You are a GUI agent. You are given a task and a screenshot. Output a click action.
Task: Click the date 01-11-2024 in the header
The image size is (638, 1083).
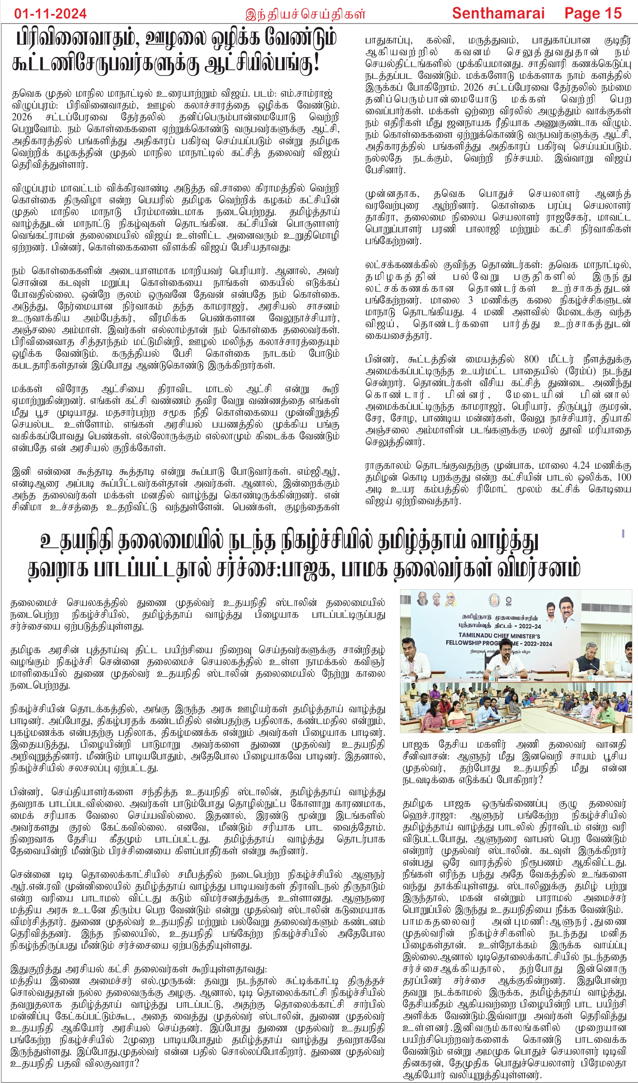tap(50, 13)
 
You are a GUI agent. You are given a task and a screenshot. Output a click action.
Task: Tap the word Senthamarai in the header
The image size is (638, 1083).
tap(498, 13)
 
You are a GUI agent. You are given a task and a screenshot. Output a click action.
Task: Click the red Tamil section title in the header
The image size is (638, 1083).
tap(305, 14)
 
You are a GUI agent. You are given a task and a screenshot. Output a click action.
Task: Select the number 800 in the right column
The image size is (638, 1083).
tap(531, 359)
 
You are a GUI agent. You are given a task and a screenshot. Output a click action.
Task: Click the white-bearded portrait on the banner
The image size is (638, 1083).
tap(423, 599)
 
